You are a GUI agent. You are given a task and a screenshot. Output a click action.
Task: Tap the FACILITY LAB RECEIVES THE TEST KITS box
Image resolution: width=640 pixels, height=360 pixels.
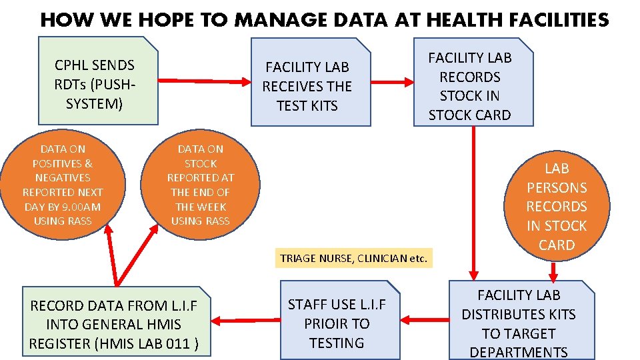coord(309,83)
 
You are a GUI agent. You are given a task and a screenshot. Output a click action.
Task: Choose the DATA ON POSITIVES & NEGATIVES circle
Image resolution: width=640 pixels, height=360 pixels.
coord(63,184)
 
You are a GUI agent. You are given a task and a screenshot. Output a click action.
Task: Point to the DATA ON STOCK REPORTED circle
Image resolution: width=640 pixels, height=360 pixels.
coord(200,184)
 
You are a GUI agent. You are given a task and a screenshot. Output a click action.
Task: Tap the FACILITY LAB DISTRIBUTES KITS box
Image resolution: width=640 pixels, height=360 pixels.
coord(518,323)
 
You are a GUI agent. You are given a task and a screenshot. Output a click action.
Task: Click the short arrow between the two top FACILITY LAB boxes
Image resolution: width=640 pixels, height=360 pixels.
coord(393,82)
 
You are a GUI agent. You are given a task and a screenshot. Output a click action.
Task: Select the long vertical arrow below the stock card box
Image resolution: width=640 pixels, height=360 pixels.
coord(473,200)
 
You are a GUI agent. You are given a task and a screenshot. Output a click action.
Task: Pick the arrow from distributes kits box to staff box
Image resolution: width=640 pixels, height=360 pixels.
coord(427,315)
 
